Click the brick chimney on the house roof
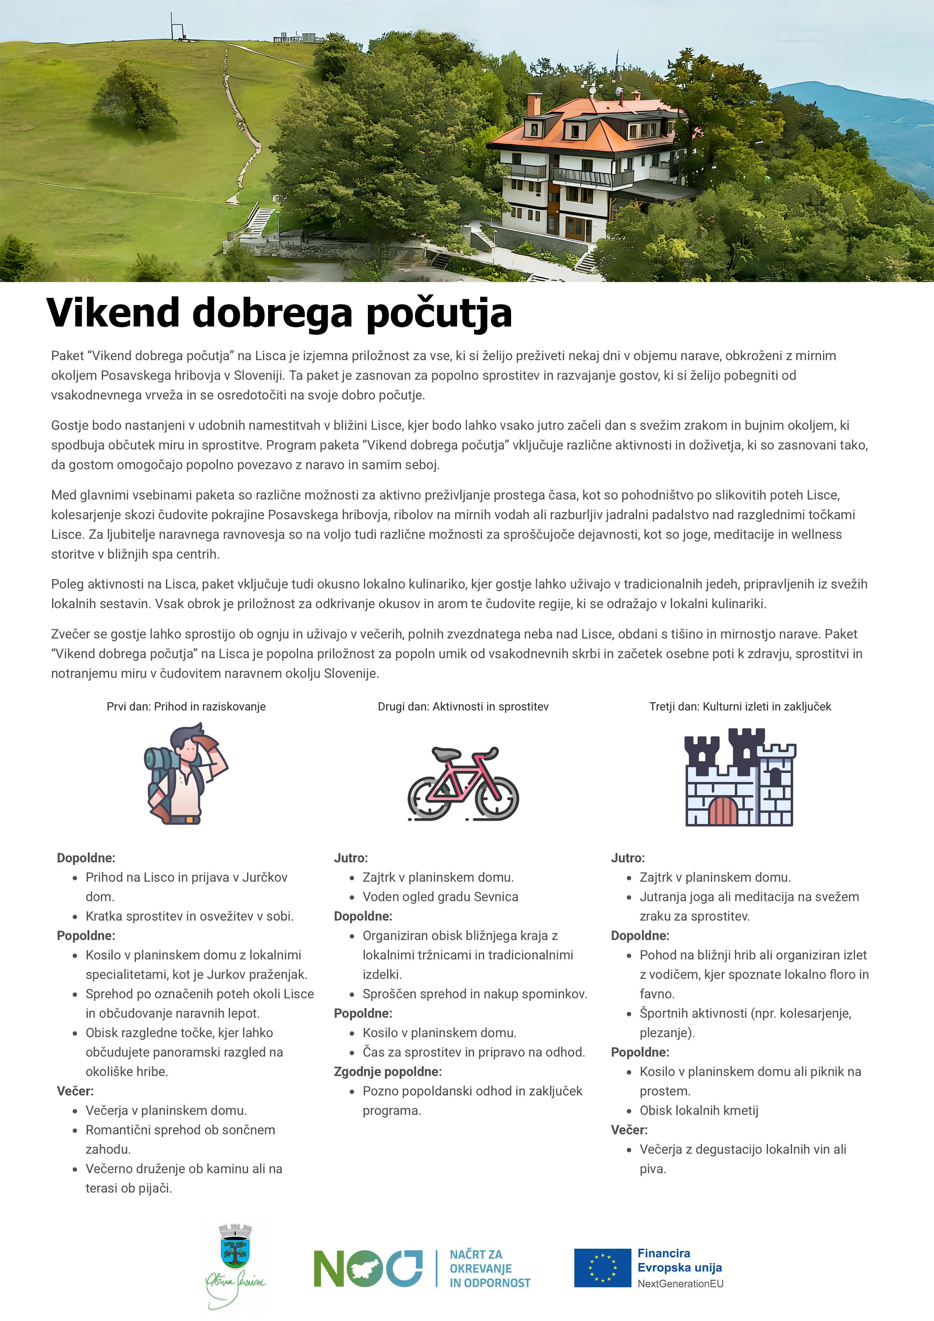click(x=533, y=104)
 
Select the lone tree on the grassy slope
click(x=134, y=98)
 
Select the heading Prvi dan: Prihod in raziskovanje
click(x=186, y=706)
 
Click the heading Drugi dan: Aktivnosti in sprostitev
click(x=463, y=706)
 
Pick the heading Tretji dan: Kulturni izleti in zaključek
click(x=740, y=706)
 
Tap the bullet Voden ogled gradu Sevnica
click(x=440, y=896)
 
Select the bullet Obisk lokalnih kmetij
click(x=699, y=1110)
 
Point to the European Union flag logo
click(x=602, y=1268)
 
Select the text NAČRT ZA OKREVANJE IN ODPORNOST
click(x=489, y=1268)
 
